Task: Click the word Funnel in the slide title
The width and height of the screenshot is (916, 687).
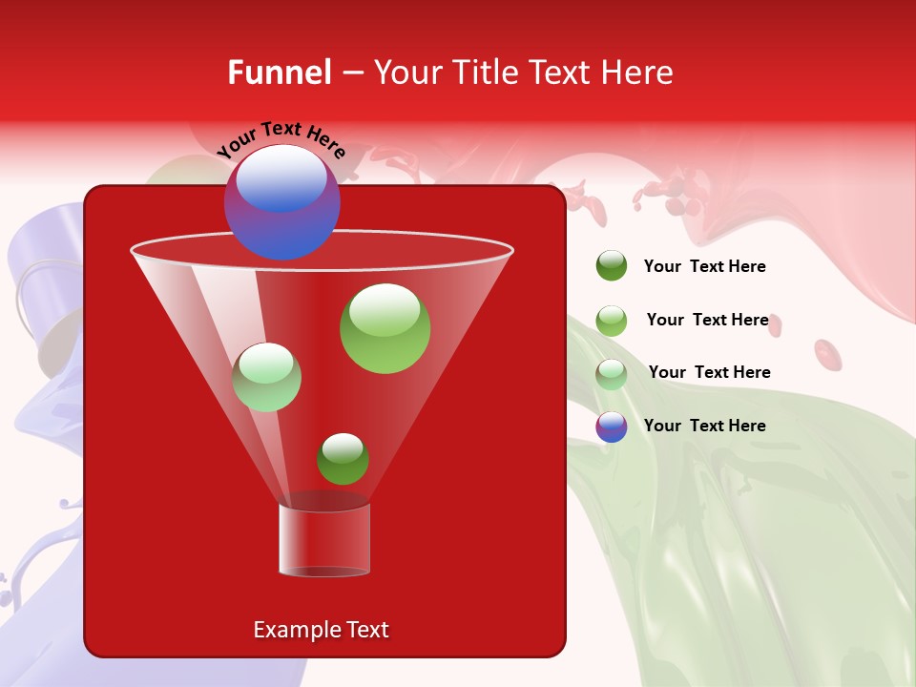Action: point(280,73)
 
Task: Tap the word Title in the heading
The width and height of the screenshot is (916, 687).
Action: point(483,73)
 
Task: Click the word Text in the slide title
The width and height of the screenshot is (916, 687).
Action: point(556,73)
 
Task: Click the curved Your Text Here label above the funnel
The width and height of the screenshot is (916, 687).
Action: point(281,139)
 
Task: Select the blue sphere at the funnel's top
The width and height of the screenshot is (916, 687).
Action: point(281,202)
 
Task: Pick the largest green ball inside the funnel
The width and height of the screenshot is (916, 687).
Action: point(385,328)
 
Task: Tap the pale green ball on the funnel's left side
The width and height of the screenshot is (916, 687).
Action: point(266,377)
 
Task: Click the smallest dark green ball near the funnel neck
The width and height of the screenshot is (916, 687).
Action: point(343,458)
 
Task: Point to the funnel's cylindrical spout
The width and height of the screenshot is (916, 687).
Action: point(324,539)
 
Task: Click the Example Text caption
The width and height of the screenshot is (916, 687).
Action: point(322,630)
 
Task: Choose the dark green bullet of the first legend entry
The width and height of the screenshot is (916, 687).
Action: point(612,266)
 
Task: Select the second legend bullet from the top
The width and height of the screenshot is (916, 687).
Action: point(612,321)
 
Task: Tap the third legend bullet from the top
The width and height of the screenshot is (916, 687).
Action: point(612,374)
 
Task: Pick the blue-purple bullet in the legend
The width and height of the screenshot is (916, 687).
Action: point(612,427)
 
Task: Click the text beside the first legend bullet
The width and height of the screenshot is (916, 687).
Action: point(705,266)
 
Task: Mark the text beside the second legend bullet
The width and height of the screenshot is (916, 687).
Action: point(708,320)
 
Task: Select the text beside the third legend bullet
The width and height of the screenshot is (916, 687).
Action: point(710,372)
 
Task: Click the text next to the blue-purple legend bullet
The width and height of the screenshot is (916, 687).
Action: point(705,426)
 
